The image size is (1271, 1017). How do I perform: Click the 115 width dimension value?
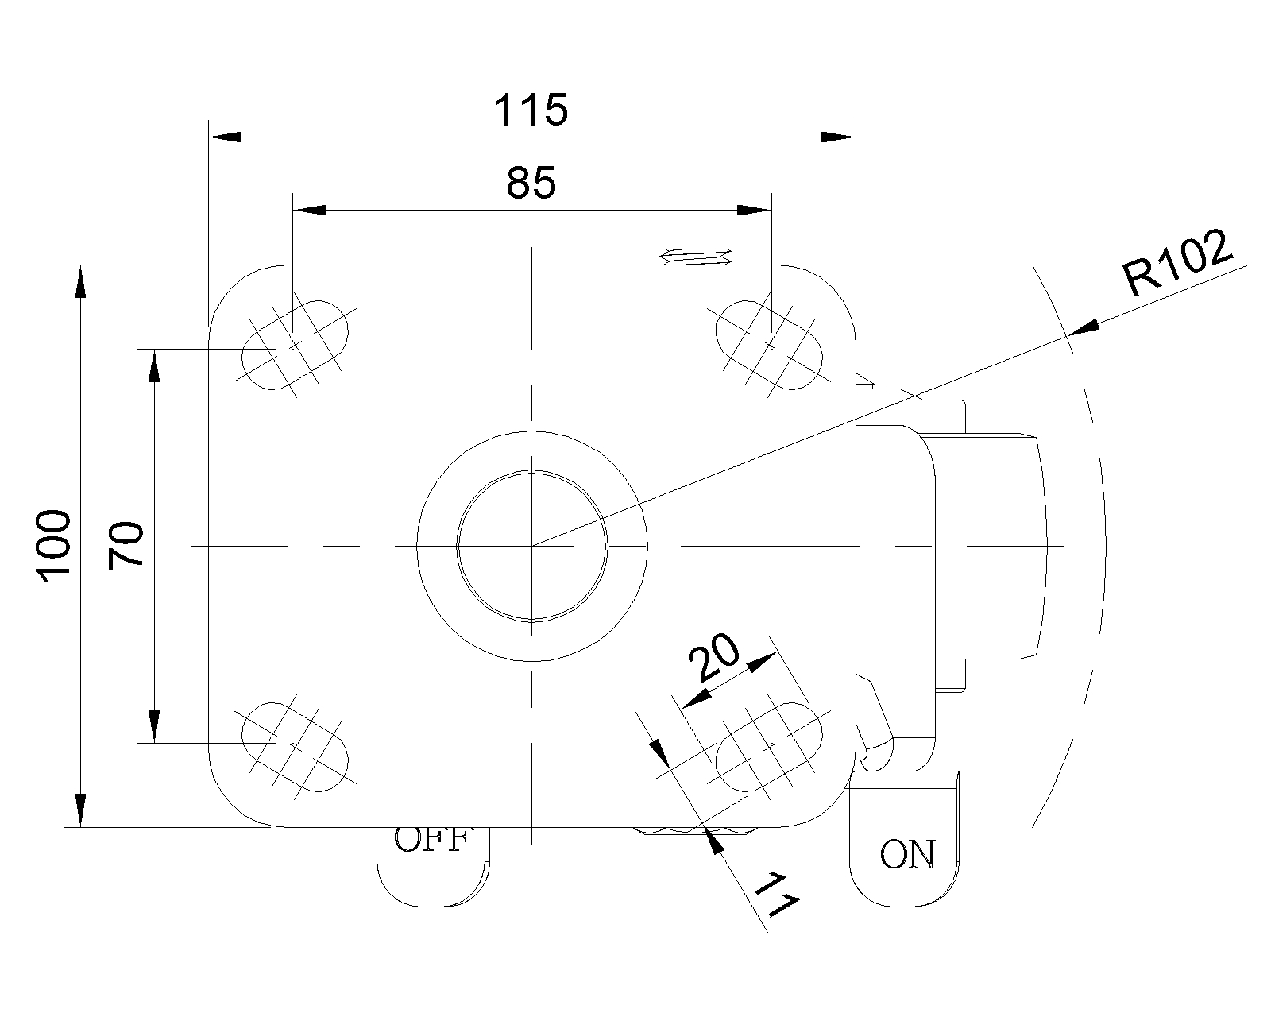[x=531, y=110]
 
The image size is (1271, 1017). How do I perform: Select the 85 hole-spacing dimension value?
[x=531, y=183]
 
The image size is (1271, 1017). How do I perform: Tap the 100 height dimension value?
[x=54, y=546]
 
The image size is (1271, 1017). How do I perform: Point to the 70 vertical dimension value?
[x=126, y=545]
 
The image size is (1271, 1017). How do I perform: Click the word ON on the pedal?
[x=908, y=854]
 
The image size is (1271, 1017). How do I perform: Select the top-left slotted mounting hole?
[x=296, y=345]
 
